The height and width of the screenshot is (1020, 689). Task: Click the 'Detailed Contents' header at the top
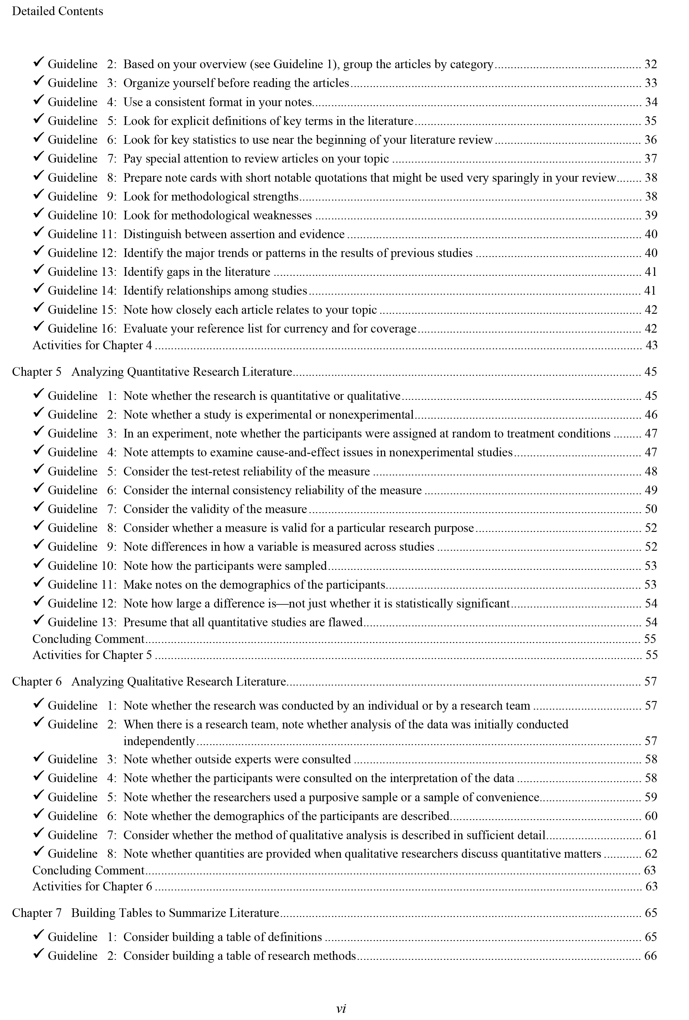(x=57, y=11)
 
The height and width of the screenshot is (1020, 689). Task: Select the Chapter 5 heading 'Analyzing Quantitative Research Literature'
(x=181, y=372)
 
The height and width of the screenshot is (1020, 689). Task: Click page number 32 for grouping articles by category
(x=650, y=64)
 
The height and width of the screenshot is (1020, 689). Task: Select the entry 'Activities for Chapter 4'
(x=92, y=346)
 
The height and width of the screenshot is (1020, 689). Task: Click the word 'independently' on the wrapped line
(x=159, y=741)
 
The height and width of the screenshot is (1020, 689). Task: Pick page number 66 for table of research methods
(x=650, y=956)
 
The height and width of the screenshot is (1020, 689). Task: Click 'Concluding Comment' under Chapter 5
(x=88, y=639)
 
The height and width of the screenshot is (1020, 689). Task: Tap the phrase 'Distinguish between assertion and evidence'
(x=234, y=234)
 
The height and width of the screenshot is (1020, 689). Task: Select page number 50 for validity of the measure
(x=650, y=509)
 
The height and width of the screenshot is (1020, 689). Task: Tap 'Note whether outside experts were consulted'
(x=237, y=759)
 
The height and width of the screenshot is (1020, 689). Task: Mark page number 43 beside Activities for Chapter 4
(x=651, y=346)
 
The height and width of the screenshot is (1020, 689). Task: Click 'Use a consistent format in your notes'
(x=217, y=102)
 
